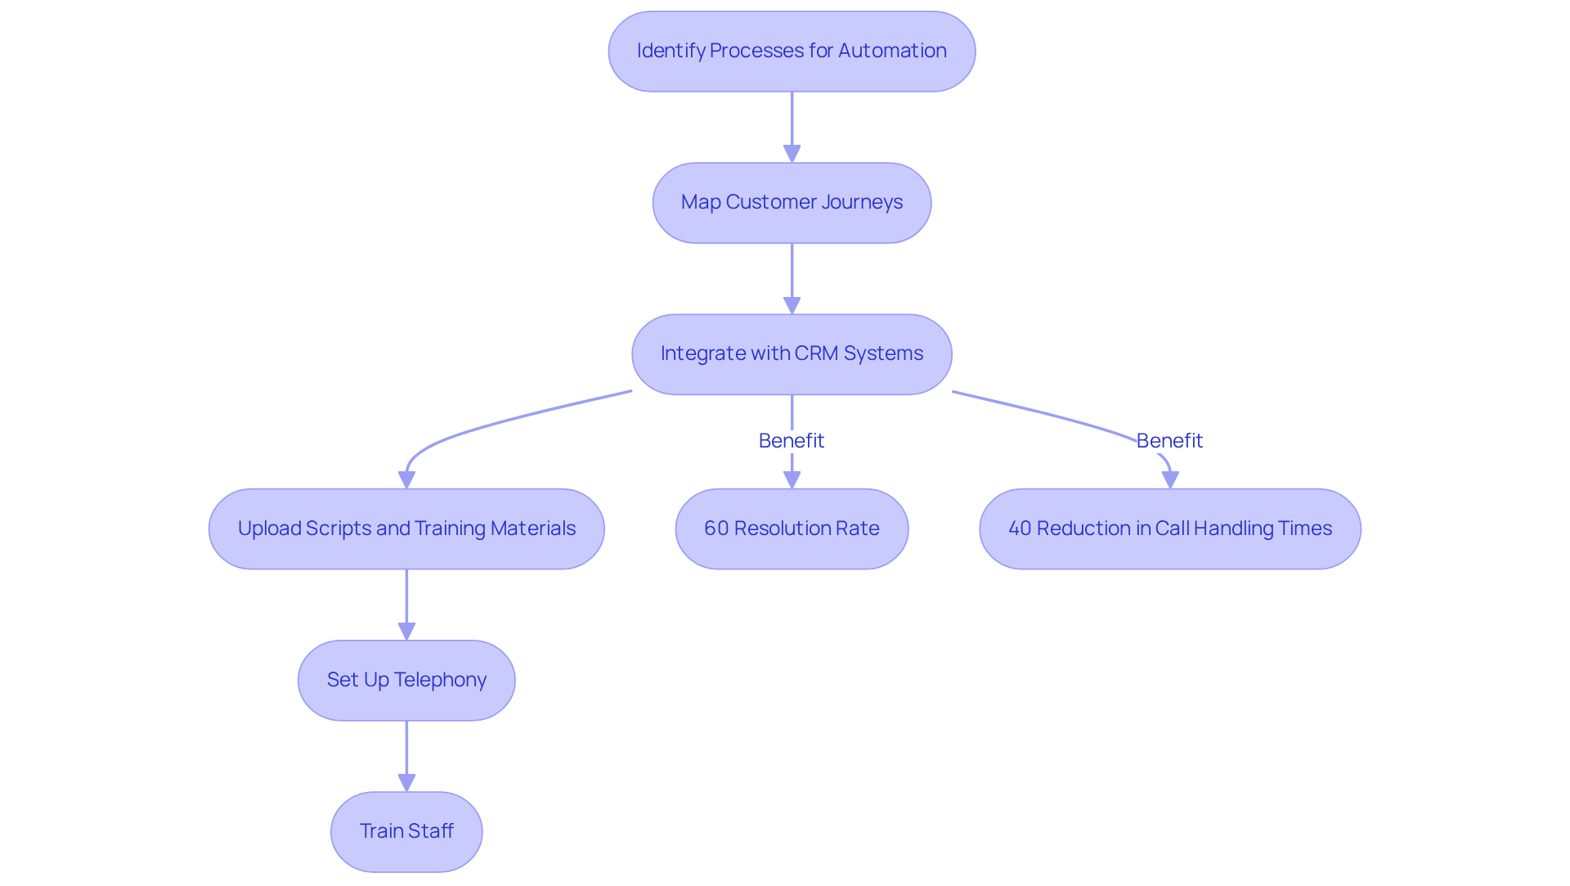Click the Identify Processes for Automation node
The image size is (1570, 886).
click(792, 52)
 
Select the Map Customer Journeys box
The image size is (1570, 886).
click(792, 203)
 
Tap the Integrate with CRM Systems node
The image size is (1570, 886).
click(792, 354)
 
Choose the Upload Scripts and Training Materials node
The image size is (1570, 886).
click(406, 529)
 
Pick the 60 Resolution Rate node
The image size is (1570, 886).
click(792, 529)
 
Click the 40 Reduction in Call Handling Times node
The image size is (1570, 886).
click(1169, 529)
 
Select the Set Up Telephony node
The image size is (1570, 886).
click(406, 681)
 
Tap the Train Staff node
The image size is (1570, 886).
click(406, 832)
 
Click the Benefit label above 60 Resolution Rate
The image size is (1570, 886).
click(792, 441)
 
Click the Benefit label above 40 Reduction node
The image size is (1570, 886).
click(1169, 441)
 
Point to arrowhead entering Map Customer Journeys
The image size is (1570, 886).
click(792, 154)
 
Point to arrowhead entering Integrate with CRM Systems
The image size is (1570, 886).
click(792, 305)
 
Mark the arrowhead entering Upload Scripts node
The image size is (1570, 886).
click(406, 480)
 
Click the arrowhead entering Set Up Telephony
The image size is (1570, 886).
click(406, 632)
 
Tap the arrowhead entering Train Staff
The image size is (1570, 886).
click(406, 783)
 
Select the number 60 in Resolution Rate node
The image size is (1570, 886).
click(715, 528)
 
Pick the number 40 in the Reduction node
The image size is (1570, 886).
click(1020, 528)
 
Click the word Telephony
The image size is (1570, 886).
click(440, 680)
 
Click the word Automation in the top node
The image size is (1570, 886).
click(892, 51)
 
